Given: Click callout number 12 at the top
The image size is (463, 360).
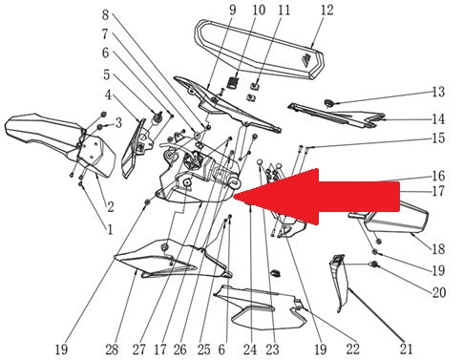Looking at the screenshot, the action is [x=326, y=11].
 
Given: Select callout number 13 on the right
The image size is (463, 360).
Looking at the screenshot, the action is [x=438, y=92].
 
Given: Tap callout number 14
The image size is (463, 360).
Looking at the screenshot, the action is [x=438, y=119].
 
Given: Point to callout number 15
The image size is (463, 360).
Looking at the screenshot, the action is [x=438, y=138].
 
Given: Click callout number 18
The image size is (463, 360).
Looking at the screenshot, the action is [x=438, y=249].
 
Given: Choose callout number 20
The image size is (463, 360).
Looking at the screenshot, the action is [x=438, y=292].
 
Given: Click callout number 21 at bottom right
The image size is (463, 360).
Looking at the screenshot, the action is [x=406, y=349].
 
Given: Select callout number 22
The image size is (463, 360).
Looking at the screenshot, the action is [x=352, y=349].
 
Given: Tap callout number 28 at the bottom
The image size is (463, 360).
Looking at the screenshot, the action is [x=112, y=349].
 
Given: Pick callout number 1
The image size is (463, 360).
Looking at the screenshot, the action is [x=110, y=229].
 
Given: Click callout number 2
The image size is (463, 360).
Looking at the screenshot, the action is [x=110, y=207].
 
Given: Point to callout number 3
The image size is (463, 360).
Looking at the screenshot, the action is [x=118, y=123].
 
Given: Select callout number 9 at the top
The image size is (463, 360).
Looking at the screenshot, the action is [x=233, y=10].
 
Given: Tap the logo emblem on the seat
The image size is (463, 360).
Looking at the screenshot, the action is [x=308, y=59].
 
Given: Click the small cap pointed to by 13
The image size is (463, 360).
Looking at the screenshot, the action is [x=328, y=103].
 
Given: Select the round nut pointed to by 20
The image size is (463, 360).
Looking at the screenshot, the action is [x=374, y=265].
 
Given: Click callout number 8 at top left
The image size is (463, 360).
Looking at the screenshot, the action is [x=105, y=14].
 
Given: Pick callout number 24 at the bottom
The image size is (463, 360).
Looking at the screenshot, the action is [x=250, y=349].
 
